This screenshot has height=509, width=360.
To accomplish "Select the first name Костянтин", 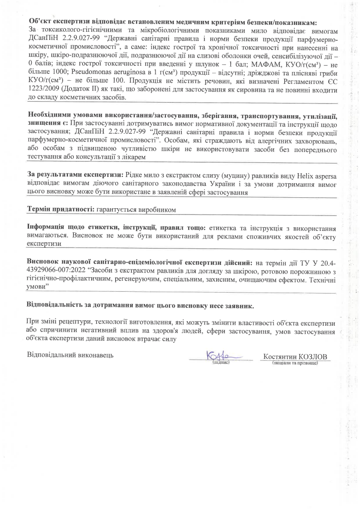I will tap(280, 357).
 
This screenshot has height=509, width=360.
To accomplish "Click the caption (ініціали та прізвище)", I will tap(296, 363).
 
